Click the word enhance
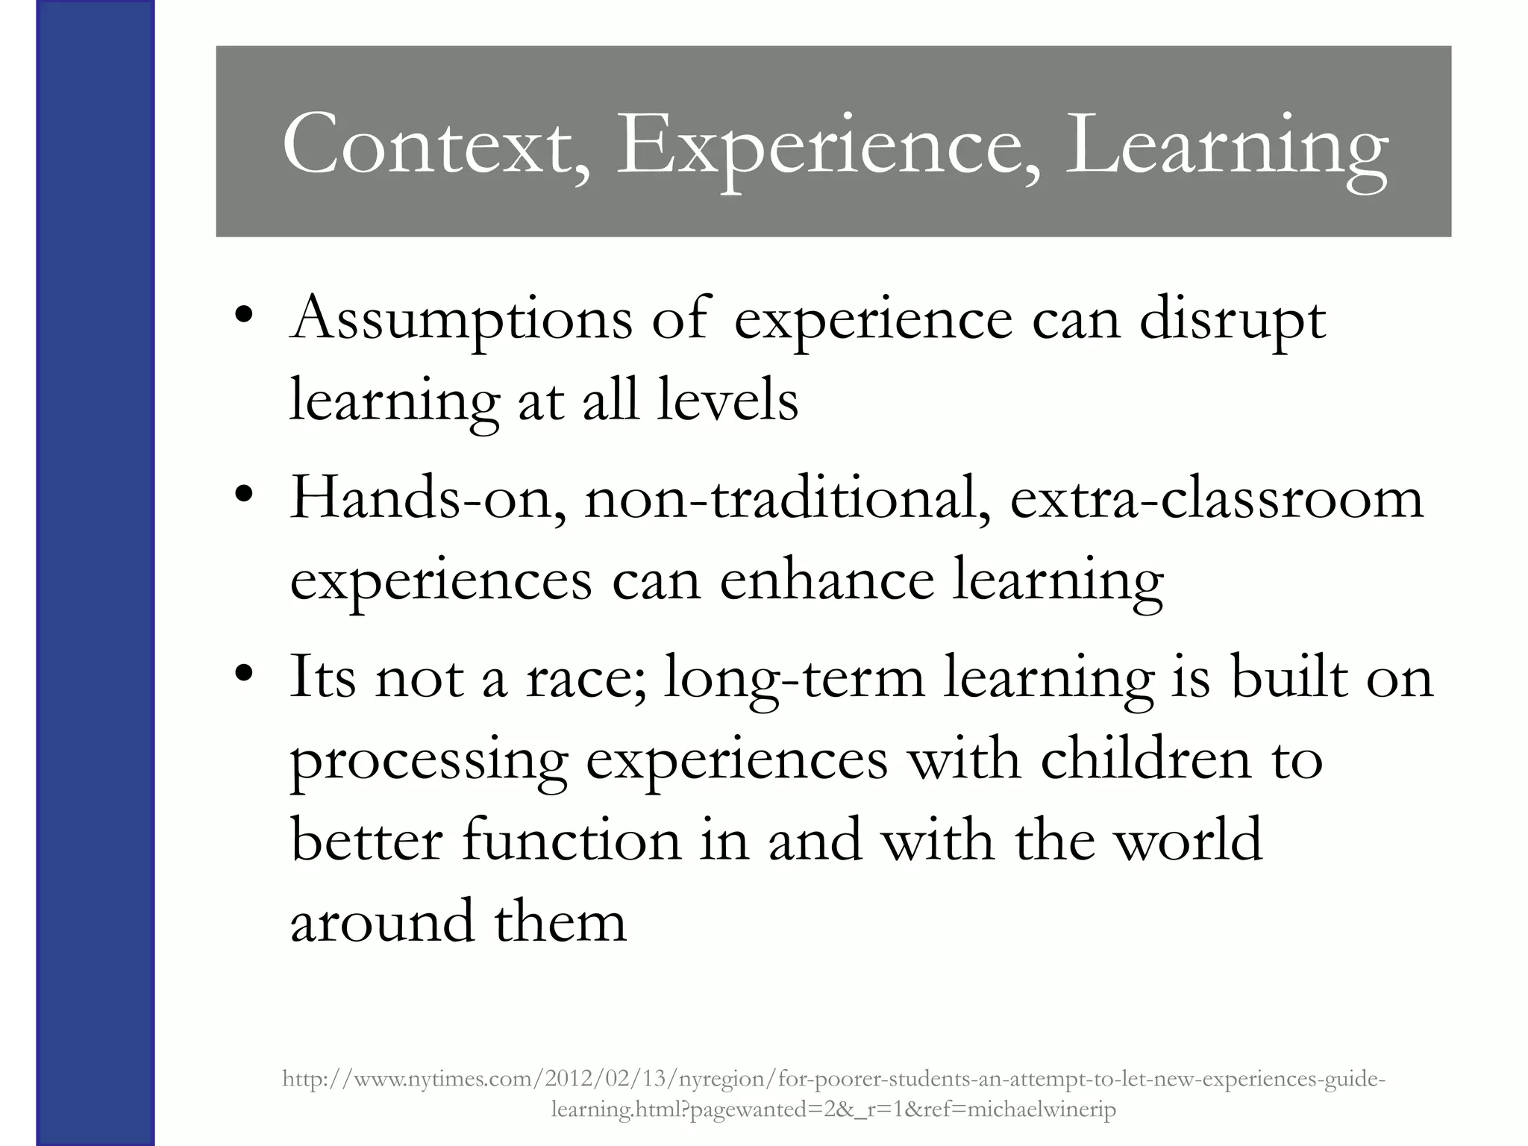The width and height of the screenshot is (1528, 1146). tap(827, 581)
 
